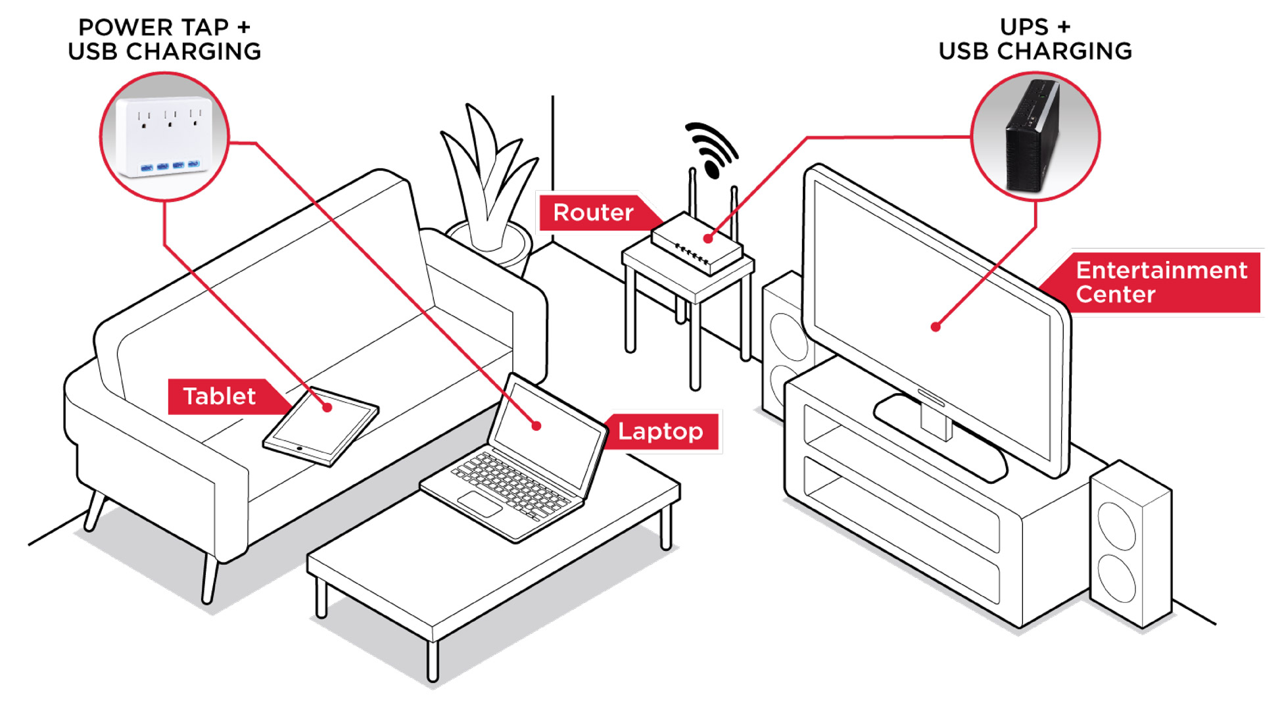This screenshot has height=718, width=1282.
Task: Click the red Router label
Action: [x=594, y=212]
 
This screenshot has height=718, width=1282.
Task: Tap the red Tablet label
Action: [x=219, y=396]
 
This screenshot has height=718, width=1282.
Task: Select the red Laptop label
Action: [x=660, y=431]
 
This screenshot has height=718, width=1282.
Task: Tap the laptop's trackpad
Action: [x=479, y=504]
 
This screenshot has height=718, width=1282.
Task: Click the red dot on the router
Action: [x=708, y=239]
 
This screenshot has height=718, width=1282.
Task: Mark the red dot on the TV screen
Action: [x=935, y=327]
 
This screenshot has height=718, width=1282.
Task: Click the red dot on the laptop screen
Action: [x=536, y=426]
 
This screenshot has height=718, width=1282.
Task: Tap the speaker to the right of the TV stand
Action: [x=1129, y=546]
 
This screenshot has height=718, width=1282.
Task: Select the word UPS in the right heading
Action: [x=1024, y=28]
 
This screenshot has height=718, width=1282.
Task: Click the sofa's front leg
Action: [x=210, y=579]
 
